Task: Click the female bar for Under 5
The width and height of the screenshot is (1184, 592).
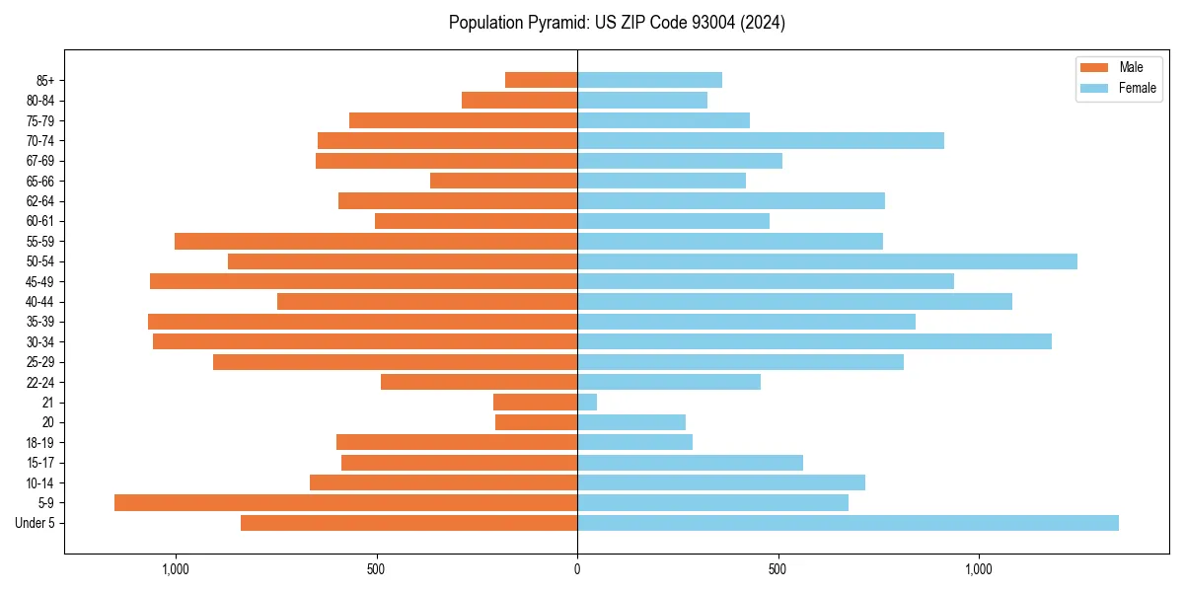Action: [848, 523]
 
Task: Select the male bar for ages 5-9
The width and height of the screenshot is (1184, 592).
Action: [345, 502]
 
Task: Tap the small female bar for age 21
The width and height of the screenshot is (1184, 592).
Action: [587, 403]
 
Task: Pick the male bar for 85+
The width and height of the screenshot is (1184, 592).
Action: [541, 80]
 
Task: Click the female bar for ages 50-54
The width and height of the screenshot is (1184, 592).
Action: [827, 261]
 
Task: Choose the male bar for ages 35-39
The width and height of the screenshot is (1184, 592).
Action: [362, 322]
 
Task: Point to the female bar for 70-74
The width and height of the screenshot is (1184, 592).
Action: [760, 140]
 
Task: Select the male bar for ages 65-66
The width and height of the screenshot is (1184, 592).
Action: [503, 181]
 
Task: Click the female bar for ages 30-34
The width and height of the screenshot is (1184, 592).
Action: [814, 341]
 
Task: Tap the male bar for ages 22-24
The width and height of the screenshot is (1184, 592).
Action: [479, 382]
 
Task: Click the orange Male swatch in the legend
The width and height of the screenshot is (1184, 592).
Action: [1095, 67]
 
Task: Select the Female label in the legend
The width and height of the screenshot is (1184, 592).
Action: [1138, 88]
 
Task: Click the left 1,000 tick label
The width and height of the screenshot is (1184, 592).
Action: [175, 569]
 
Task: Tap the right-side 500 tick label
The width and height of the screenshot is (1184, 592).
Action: [777, 569]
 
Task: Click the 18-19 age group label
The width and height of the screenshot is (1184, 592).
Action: [40, 442]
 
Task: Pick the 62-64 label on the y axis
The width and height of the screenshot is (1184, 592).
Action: [40, 201]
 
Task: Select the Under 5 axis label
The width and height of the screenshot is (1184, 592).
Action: [35, 523]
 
